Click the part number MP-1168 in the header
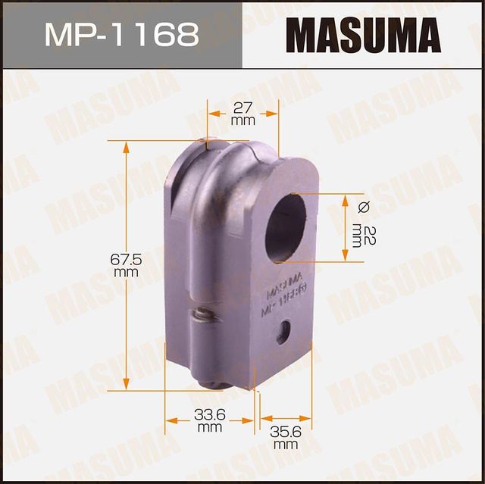coord(120,34)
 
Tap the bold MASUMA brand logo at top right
coord(362,35)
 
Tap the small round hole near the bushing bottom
coord(283,332)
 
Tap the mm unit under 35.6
coord(286,445)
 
